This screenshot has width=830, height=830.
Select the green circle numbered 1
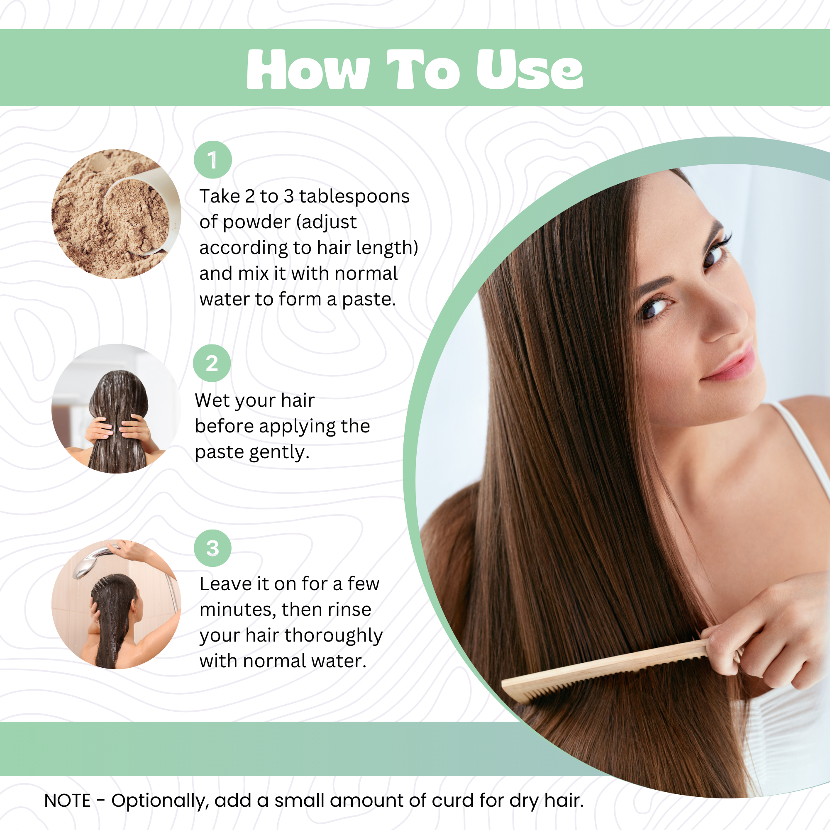(212, 160)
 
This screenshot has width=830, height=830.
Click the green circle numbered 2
(212, 363)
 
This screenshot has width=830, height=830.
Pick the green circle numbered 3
(212, 548)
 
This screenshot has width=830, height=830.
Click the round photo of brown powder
(116, 214)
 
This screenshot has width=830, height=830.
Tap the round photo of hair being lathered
(116, 408)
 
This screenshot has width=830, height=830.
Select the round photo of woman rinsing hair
(116, 604)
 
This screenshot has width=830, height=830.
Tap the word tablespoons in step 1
(354, 196)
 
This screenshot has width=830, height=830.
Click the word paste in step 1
(368, 300)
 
